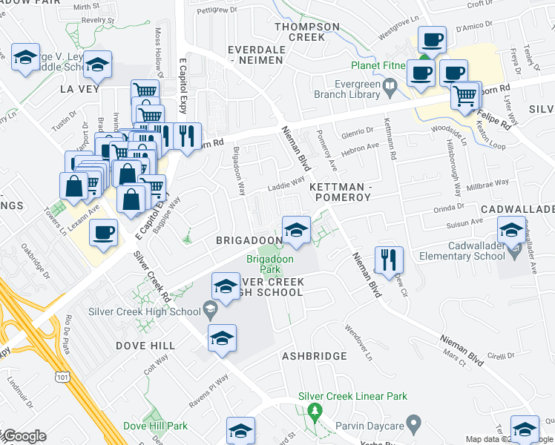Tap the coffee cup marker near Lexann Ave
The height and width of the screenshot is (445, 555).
tap(103, 234)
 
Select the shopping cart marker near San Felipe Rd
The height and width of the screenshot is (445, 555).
tap(465, 96)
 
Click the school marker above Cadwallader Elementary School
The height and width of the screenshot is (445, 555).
tap(510, 231)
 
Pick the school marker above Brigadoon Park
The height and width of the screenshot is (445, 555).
tap(295, 229)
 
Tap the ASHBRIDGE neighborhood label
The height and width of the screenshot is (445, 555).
tap(314, 356)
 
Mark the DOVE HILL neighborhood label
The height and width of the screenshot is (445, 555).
tap(145, 346)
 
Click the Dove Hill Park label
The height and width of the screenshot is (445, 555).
tap(155, 426)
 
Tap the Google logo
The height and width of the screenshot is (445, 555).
tap(24, 436)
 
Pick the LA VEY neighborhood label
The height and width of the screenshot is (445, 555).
tap(74, 89)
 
